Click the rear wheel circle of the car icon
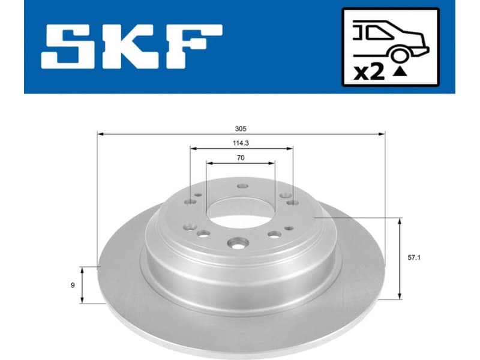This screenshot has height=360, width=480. pyautogui.click(x=398, y=55)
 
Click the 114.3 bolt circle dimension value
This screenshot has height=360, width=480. pyautogui.click(x=241, y=143)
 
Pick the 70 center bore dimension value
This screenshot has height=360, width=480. pyautogui.click(x=241, y=158)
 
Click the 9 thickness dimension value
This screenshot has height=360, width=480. pyautogui.click(x=73, y=285)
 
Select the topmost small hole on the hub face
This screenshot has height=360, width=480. pyautogui.click(x=242, y=186)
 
